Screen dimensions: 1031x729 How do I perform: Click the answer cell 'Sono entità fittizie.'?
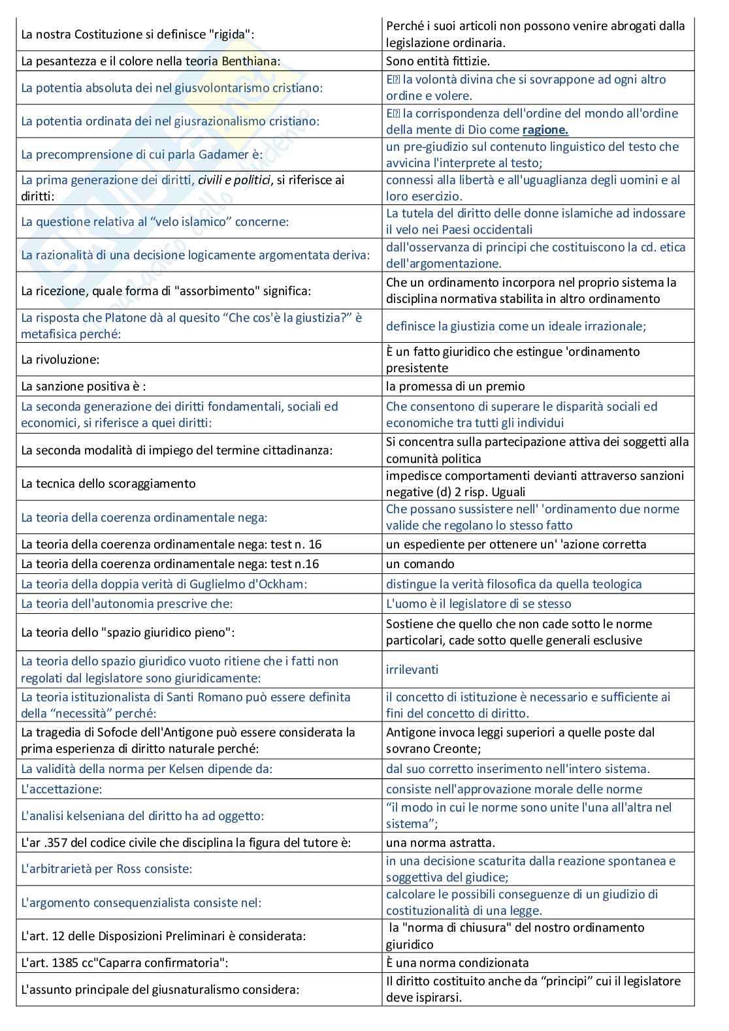pos(438,61)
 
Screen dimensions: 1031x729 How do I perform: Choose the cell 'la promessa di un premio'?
pos(455,386)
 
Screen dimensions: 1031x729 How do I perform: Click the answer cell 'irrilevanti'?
pos(412,669)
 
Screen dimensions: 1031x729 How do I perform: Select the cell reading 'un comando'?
pos(420,563)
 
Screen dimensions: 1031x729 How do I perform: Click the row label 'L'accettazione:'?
pos(61,789)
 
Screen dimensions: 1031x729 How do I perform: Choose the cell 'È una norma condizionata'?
pos(457,962)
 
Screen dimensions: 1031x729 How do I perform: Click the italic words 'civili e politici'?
pos(235,180)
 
